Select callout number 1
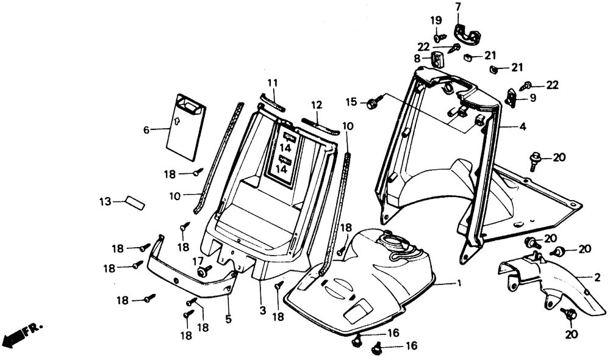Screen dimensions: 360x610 (459, 284)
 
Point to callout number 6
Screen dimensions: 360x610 (146, 129)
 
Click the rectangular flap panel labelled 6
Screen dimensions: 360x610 (186, 127)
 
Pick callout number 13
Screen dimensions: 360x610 (106, 201)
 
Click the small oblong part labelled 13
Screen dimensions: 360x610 (134, 203)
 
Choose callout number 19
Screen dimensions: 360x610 (436, 20)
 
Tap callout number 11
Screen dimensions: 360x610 (272, 82)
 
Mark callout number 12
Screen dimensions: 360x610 (316, 105)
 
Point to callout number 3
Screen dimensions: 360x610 (263, 311)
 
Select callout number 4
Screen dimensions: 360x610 (522, 128)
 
